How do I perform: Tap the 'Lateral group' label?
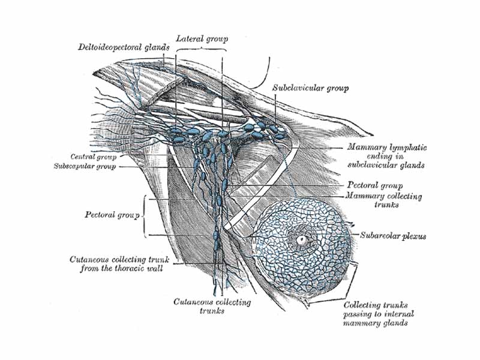[202, 38]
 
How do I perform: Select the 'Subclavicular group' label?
[310, 88]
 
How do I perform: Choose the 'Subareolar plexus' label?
[393, 236]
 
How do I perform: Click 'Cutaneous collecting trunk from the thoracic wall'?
[120, 264]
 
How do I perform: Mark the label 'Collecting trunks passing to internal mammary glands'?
[379, 314]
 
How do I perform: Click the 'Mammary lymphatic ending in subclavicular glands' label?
[386, 156]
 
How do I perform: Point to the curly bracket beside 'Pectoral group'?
[143, 214]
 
